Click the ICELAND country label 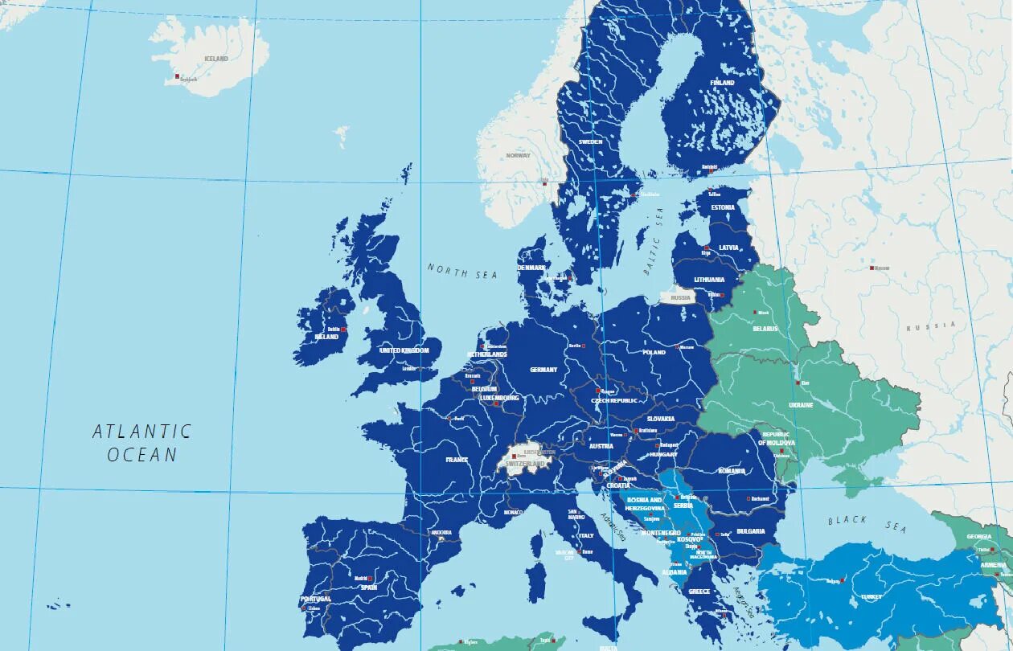click(216, 59)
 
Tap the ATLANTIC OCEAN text click(142, 443)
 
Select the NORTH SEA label click(462, 272)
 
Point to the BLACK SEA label click(867, 524)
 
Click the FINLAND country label click(722, 83)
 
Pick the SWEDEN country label click(590, 141)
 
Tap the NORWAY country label click(519, 155)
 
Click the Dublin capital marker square click(343, 330)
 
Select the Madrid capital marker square click(370, 579)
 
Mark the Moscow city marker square click(872, 268)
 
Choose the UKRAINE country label click(801, 405)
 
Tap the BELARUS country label click(765, 329)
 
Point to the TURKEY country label click(871, 597)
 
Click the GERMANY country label click(543, 370)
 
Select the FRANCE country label click(457, 460)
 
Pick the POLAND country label click(654, 352)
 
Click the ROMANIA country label click(732, 471)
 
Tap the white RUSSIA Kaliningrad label click(681, 297)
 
